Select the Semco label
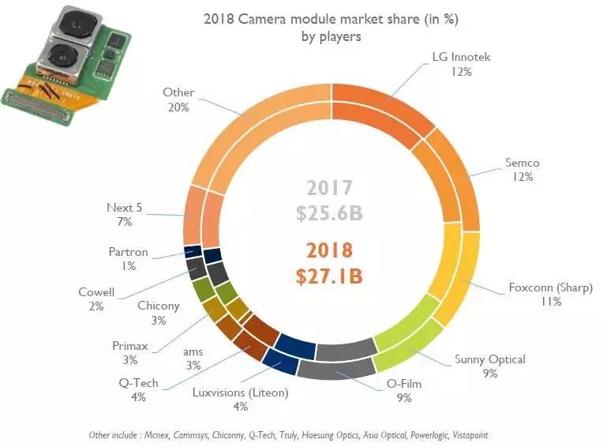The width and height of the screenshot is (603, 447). [x=521, y=170]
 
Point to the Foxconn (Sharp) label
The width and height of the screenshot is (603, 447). [x=551, y=293]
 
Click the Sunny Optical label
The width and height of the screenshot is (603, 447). [x=489, y=366]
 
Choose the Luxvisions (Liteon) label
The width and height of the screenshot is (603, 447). [x=241, y=399]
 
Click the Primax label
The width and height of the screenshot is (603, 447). [x=129, y=351]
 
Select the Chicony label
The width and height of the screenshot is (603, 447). [x=159, y=312]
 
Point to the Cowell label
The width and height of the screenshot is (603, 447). [x=96, y=299]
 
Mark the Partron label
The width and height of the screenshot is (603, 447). [x=129, y=259]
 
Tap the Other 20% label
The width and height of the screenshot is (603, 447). [x=178, y=100]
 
